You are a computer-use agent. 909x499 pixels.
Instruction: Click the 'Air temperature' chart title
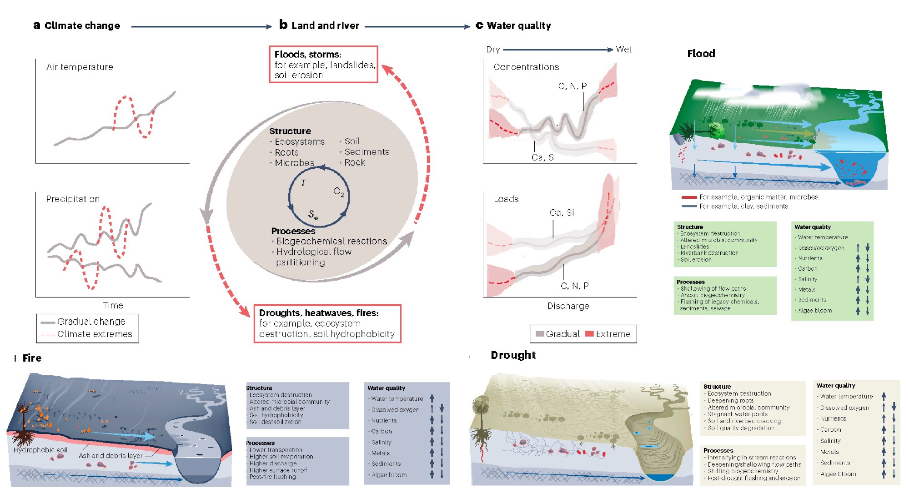[80, 67]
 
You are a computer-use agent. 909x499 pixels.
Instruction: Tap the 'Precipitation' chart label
[73, 199]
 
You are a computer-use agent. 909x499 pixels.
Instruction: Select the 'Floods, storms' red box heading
[307, 54]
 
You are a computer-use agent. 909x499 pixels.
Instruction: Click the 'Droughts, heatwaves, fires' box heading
[318, 313]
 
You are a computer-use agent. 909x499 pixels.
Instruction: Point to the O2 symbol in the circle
[339, 192]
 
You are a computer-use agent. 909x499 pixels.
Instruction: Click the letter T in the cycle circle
[303, 183]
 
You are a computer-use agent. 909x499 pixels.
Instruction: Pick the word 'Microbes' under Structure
[294, 163]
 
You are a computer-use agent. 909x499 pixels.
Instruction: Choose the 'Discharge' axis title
[568, 306]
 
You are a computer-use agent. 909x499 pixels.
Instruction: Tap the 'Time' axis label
[113, 305]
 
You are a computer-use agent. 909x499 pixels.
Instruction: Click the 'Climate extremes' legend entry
[95, 334]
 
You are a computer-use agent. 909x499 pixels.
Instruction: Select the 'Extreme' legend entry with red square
[613, 334]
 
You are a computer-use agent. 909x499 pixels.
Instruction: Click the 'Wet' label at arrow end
[623, 49]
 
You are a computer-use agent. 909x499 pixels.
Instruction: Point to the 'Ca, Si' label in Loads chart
[562, 212]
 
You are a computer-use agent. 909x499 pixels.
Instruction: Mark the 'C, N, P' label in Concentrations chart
[572, 86]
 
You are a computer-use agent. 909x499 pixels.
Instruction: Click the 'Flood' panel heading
[701, 54]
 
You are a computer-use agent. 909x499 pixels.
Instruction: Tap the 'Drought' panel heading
[513, 355]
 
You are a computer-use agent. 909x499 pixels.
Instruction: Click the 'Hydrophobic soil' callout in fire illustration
[40, 450]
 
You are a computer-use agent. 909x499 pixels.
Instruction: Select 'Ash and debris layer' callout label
[110, 455]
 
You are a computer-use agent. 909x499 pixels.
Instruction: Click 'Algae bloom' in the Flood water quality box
[815, 311]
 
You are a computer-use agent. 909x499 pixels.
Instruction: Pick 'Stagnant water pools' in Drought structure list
[737, 414]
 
